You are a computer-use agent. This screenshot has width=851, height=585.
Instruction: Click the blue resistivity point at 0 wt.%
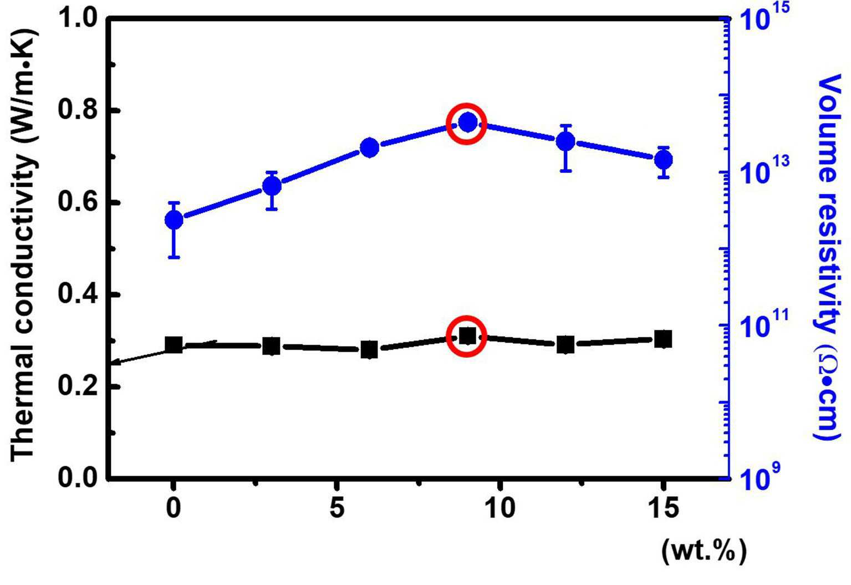pos(174,220)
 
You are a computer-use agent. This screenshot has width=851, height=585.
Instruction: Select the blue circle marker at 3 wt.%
pos(272,186)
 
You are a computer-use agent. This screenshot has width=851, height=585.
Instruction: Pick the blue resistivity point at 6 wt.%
pos(370,147)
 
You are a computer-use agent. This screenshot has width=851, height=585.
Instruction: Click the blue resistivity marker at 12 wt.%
pos(565,142)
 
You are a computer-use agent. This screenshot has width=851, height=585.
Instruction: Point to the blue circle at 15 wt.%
pos(664,160)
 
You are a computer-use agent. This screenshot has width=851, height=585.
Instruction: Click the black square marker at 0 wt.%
pos(174,345)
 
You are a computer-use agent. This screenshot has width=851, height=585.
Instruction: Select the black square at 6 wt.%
pos(370,349)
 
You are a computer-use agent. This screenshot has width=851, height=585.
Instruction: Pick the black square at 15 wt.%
pos(664,339)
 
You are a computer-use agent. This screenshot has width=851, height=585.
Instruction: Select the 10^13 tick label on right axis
pos(763,169)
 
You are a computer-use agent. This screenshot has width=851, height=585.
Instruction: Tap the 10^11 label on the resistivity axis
pos(763,323)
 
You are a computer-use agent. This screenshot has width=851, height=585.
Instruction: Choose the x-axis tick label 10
pos(500,508)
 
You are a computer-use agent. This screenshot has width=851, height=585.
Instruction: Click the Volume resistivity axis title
pos(828,257)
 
